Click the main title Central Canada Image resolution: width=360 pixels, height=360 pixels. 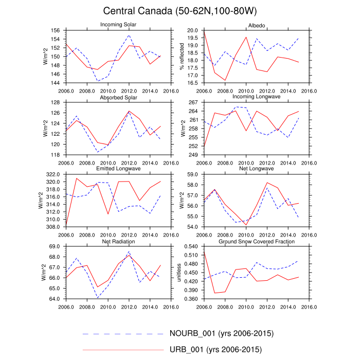tap(179, 11)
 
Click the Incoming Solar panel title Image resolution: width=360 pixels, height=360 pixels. tap(118, 25)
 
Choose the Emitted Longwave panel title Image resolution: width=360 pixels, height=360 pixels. tap(118, 169)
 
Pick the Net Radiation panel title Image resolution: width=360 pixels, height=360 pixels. tap(118, 241)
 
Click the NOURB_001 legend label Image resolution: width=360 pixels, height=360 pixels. tap(221, 334)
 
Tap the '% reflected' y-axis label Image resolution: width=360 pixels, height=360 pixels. tap(181, 57)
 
